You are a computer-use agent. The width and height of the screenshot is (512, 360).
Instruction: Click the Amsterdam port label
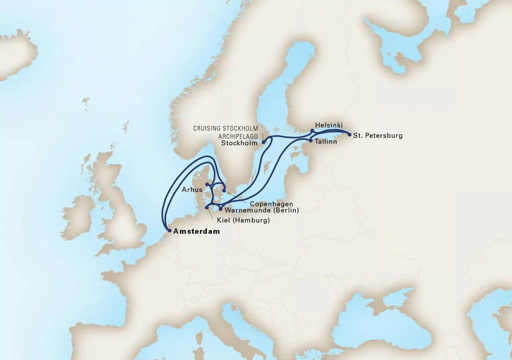click(x=196, y=231)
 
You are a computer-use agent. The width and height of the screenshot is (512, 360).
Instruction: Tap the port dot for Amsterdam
click(x=169, y=231)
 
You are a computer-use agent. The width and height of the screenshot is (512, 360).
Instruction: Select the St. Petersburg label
click(x=378, y=136)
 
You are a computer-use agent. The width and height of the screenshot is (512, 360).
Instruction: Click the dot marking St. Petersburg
click(x=349, y=135)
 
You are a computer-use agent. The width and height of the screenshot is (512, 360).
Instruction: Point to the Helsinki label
click(x=329, y=125)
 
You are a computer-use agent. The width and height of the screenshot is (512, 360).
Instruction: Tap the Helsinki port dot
click(x=312, y=131)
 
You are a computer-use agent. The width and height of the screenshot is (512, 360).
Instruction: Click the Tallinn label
click(x=327, y=142)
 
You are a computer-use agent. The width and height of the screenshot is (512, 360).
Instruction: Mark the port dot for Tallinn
click(x=311, y=141)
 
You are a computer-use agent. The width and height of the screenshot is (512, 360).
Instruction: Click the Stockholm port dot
click(x=264, y=142)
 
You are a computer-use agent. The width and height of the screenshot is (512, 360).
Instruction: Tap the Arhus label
click(x=192, y=190)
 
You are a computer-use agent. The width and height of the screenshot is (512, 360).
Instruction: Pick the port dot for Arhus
click(x=207, y=184)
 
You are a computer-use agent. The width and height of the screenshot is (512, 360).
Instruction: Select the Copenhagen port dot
click(x=224, y=191)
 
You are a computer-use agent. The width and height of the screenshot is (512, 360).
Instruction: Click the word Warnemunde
click(x=246, y=210)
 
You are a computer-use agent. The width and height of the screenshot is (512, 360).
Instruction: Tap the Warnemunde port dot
click(x=220, y=209)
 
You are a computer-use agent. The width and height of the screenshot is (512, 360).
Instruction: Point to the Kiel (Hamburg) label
click(x=240, y=220)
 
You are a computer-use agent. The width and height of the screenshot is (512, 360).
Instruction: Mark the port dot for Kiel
click(x=207, y=207)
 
